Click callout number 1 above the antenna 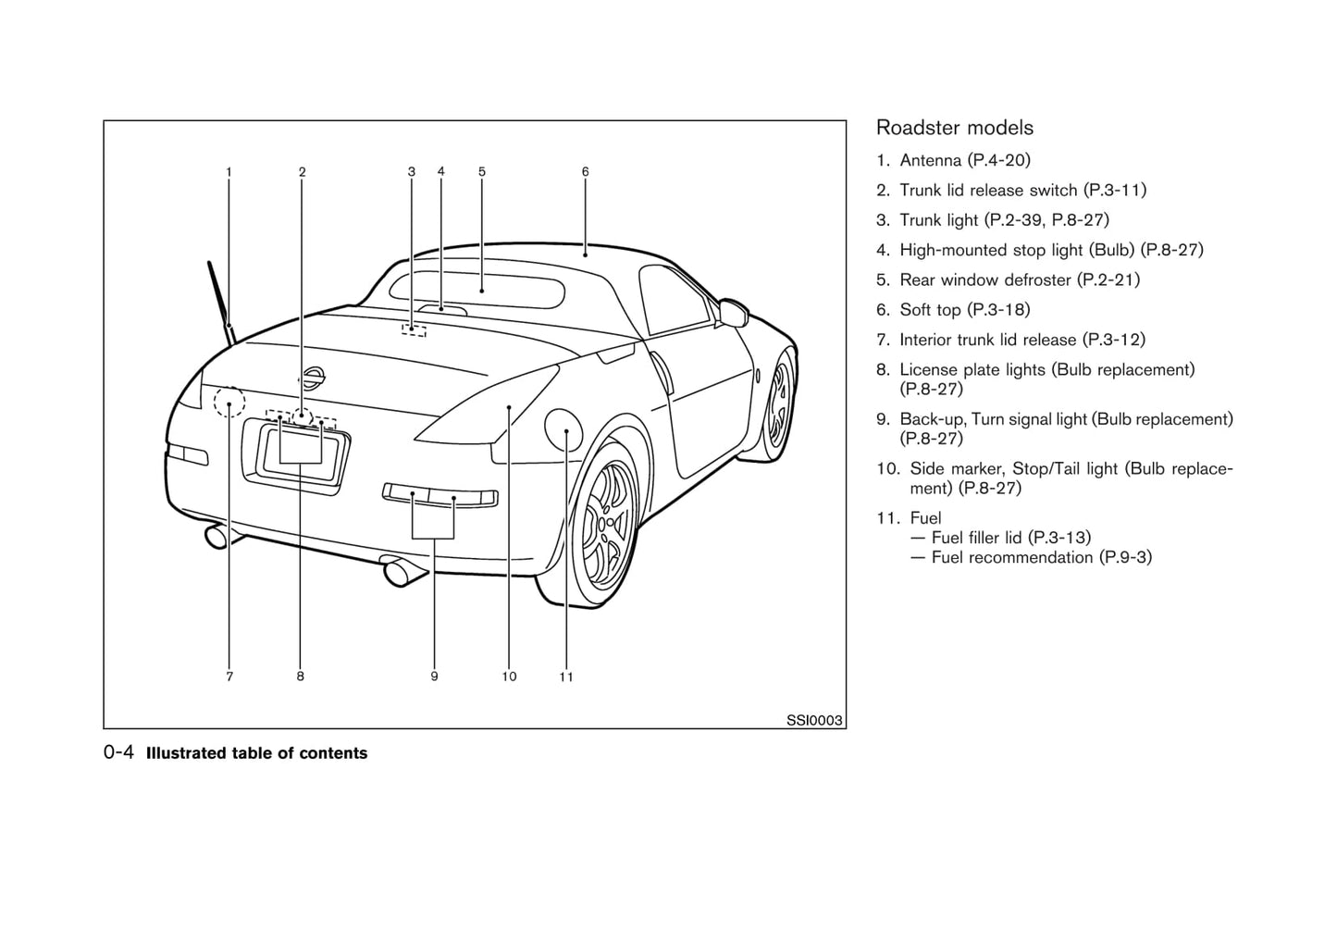coord(229,172)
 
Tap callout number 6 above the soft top coord(586,172)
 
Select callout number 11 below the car coord(566,676)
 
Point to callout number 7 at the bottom coord(229,676)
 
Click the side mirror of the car coord(733,312)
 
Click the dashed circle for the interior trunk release coord(229,403)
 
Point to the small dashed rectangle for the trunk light coord(414,329)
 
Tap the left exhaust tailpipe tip coord(217,536)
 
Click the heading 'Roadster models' coord(954,128)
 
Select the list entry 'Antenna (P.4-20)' coord(964,160)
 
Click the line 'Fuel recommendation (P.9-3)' coord(1041,557)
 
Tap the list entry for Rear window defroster coord(1019,279)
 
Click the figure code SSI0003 coord(814,720)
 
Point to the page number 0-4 coord(119,752)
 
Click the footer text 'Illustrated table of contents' coord(256,753)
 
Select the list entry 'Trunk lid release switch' coord(1022,190)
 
